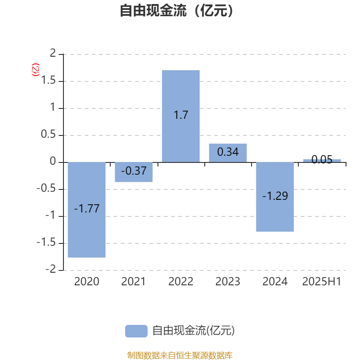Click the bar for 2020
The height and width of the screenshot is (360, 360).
tap(86, 210)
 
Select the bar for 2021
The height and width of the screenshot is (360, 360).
tap(134, 172)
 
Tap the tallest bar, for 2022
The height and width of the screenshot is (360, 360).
tap(181, 116)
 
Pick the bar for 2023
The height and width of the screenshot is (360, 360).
tap(228, 153)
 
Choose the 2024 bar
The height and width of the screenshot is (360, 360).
tap(275, 197)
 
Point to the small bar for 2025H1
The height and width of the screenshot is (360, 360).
tap(322, 161)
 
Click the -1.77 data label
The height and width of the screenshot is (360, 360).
tap(87, 208)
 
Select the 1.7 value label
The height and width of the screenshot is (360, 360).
tap(181, 115)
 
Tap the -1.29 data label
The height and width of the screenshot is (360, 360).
tap(275, 196)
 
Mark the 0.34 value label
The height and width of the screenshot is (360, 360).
tap(228, 152)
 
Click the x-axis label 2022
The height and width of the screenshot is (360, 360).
tap(181, 282)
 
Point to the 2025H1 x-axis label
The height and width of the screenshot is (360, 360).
tap(322, 282)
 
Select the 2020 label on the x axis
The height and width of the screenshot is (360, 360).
tap(86, 282)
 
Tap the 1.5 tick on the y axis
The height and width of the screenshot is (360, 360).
tap(49, 81)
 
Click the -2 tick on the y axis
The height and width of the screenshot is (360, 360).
tap(50, 269)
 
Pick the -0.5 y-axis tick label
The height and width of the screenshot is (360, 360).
tap(46, 188)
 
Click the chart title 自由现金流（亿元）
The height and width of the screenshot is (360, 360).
tap(176, 10)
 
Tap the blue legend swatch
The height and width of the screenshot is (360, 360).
tap(136, 331)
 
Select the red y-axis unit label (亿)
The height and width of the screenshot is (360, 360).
tap(36, 70)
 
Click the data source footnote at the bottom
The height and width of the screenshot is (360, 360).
tap(180, 355)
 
